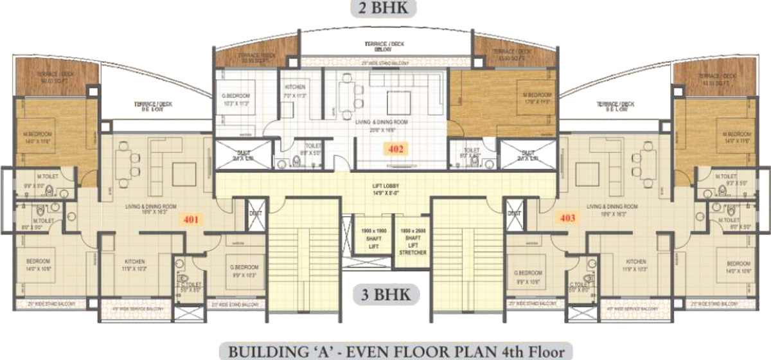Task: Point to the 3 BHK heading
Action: point(385,296)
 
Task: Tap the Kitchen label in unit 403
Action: point(636,264)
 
